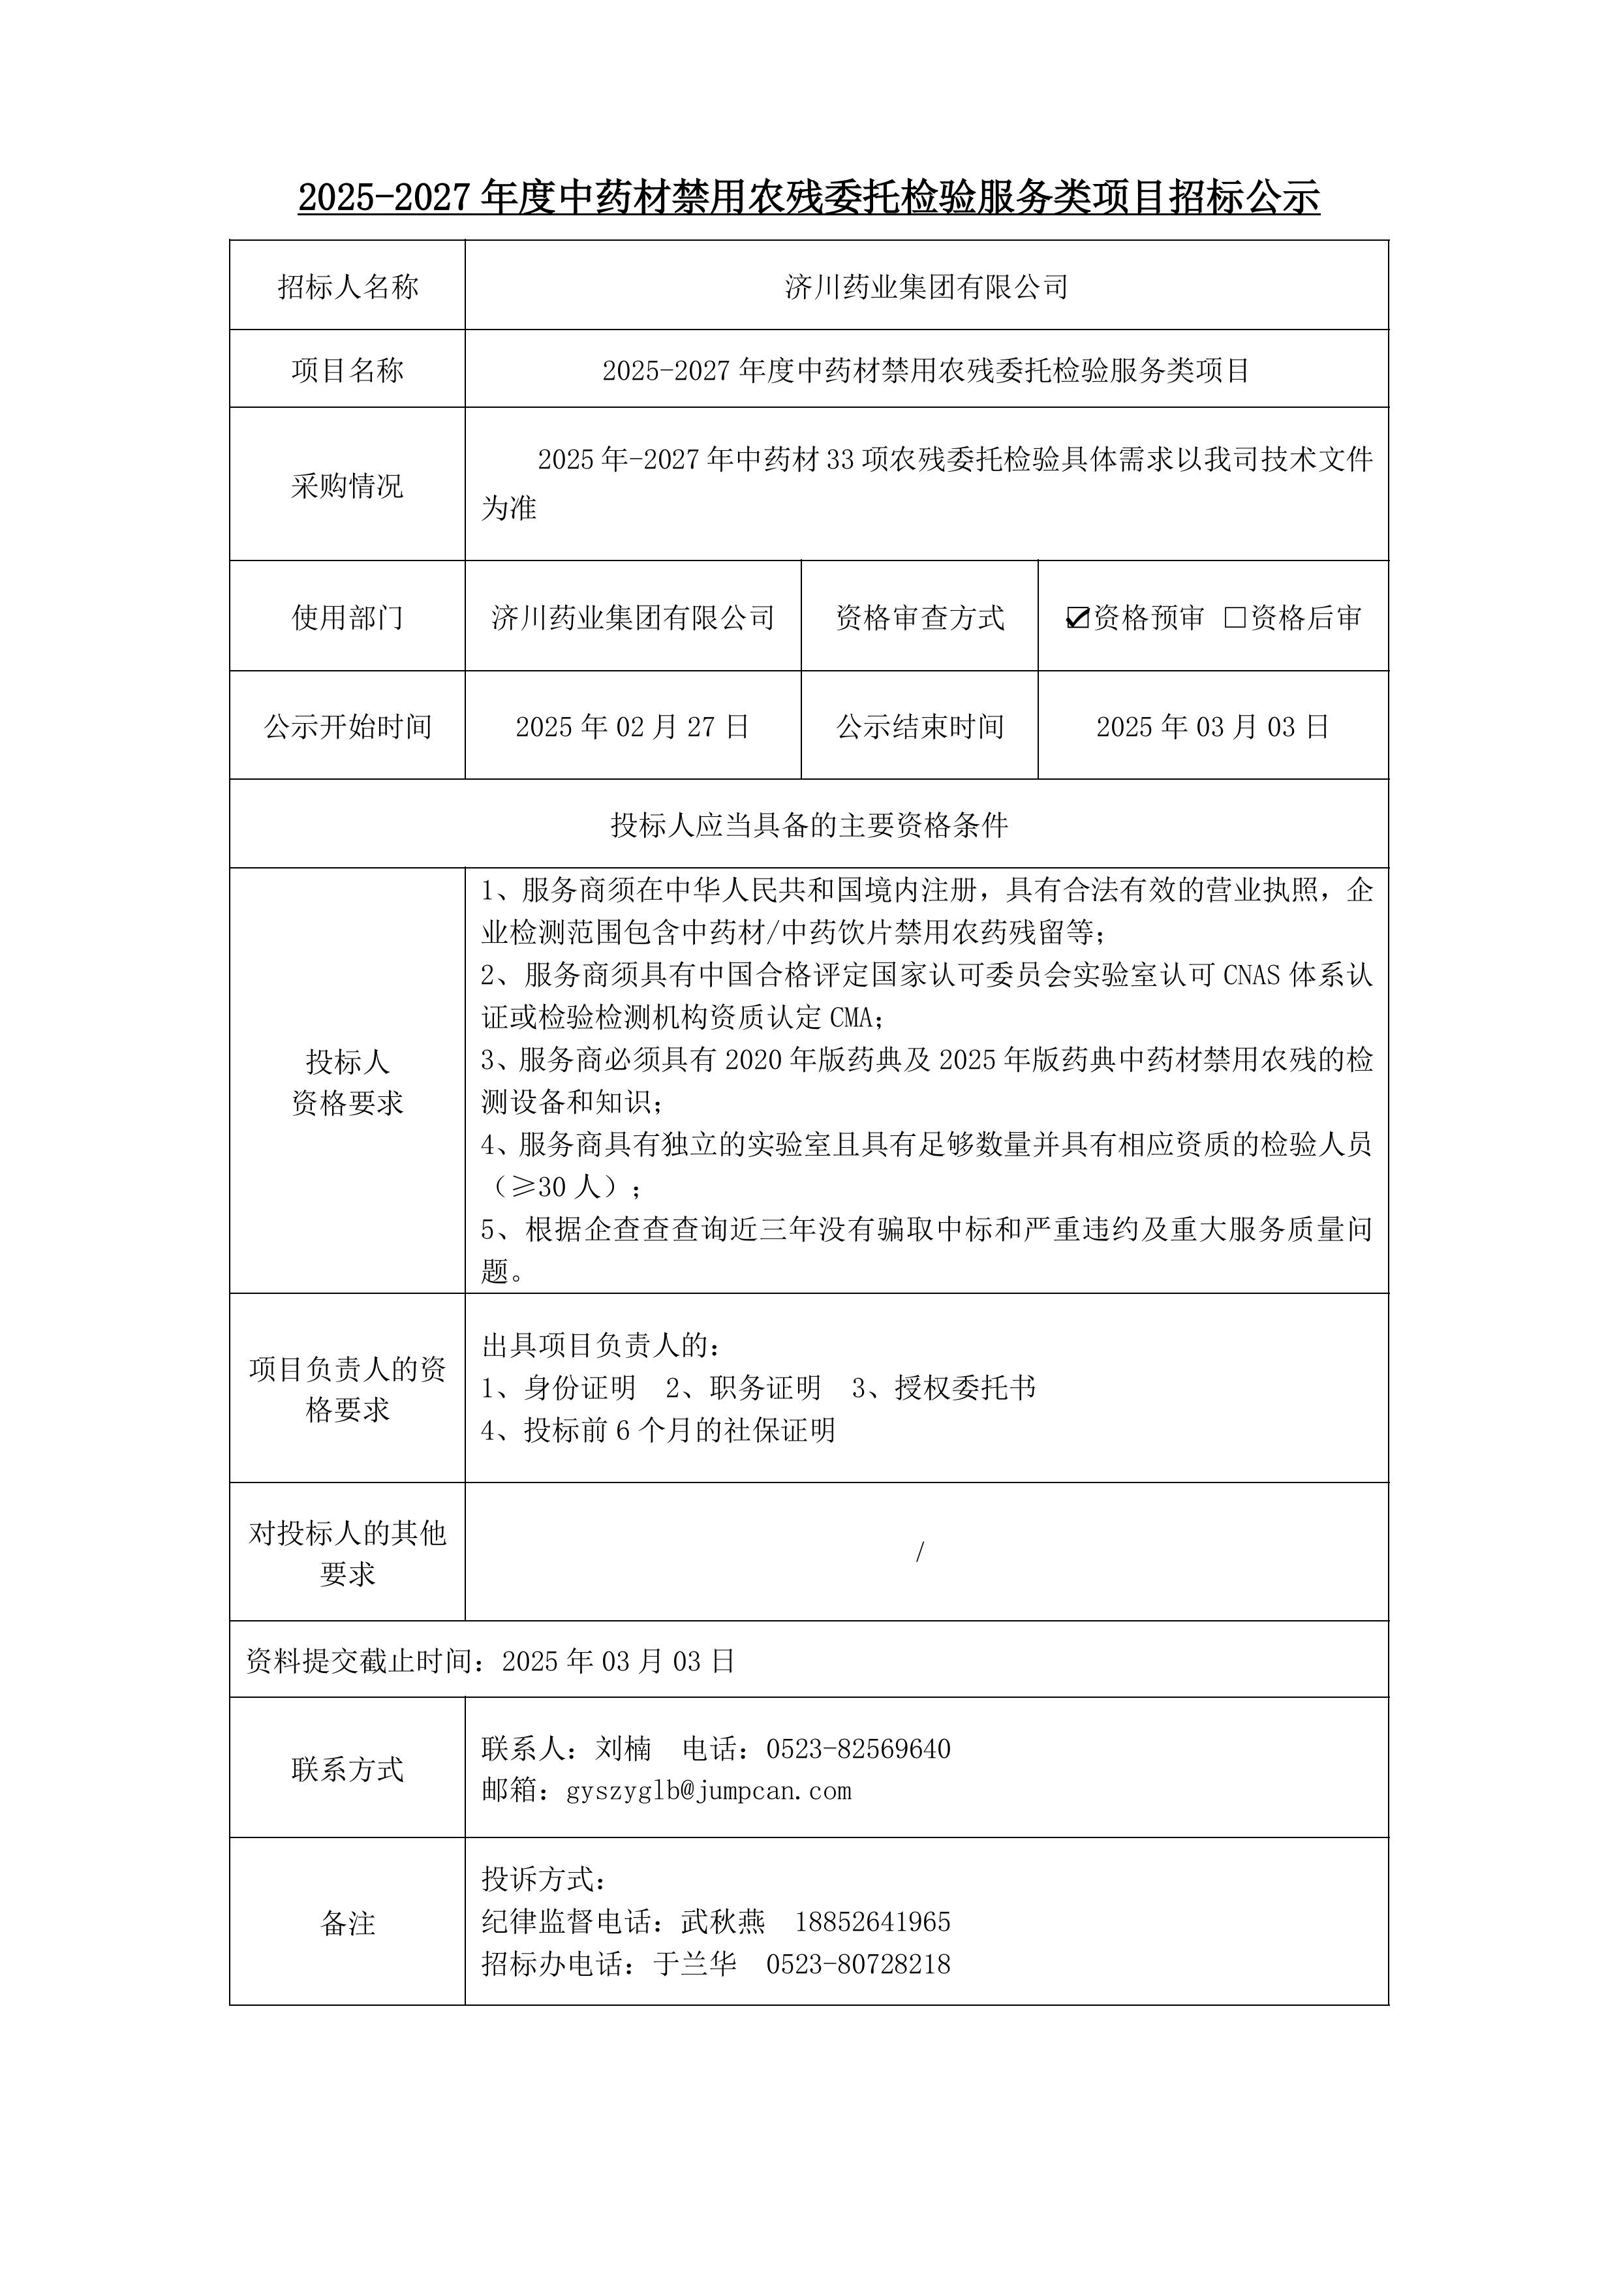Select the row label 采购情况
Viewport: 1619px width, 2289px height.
(347, 487)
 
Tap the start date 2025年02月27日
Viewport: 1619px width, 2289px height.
(632, 727)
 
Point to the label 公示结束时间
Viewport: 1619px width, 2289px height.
(919, 727)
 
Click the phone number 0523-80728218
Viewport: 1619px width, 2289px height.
(857, 1964)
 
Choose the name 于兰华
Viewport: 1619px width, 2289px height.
(695, 1964)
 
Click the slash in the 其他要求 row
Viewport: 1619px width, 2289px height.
(919, 1551)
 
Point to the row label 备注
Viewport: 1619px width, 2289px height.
(347, 1923)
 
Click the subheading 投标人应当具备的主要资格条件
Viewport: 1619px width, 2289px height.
(809, 825)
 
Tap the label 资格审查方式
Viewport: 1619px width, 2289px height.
(919, 618)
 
